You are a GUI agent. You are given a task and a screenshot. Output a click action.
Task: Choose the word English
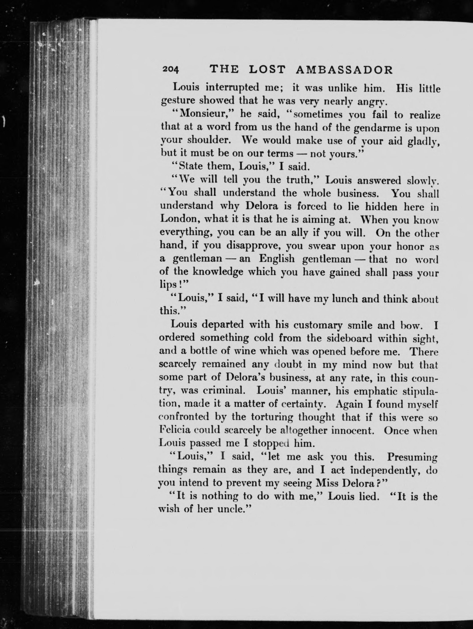pyautogui.click(x=277, y=259)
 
